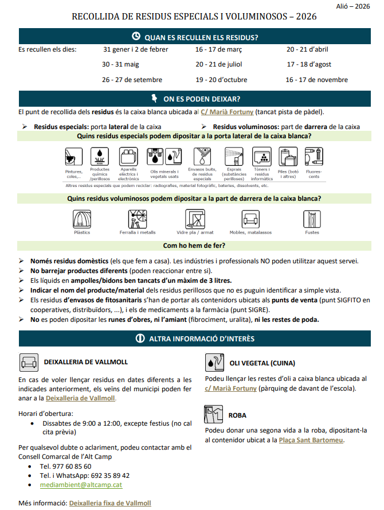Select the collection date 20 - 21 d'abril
(x=307, y=49)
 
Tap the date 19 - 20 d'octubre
(x=221, y=80)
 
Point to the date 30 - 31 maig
(x=120, y=64)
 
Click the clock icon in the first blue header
(x=136, y=37)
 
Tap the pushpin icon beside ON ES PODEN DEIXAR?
(x=154, y=98)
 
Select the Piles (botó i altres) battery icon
(x=288, y=157)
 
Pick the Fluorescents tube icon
(x=312, y=157)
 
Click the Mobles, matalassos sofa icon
(x=250, y=219)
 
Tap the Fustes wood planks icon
(x=312, y=219)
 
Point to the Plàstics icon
(x=82, y=219)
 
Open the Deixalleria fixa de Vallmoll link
(x=110, y=503)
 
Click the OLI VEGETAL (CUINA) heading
(x=262, y=363)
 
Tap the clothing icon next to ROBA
(x=214, y=414)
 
